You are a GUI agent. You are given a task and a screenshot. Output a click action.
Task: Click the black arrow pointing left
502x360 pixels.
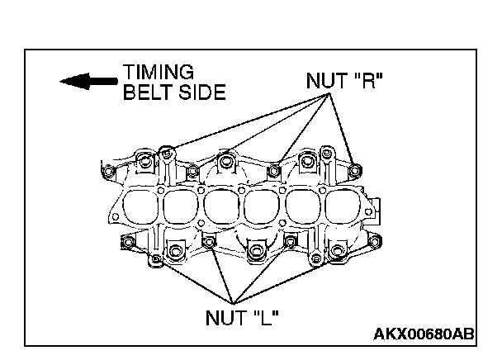click(88, 81)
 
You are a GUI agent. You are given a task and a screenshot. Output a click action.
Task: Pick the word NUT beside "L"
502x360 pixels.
click(225, 316)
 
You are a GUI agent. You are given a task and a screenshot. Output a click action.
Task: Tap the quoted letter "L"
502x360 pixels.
click(267, 316)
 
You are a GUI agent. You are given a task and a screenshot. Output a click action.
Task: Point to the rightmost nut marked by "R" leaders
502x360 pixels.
click(354, 170)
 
